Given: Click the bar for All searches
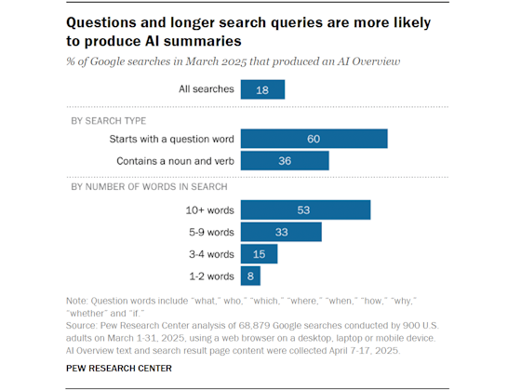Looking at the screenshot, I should [x=262, y=89].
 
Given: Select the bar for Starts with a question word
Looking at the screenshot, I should [x=314, y=139].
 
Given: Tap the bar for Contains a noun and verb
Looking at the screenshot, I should [x=284, y=161].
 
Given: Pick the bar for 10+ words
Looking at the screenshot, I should [x=305, y=209].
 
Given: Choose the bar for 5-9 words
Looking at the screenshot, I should [x=281, y=232].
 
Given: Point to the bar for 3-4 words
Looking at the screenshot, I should [x=259, y=253].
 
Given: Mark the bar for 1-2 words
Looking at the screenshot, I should [x=250, y=276].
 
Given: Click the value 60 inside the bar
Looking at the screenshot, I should [x=314, y=139].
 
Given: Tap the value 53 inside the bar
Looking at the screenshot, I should [x=305, y=209].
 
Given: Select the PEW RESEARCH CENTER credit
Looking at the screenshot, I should [x=119, y=369].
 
